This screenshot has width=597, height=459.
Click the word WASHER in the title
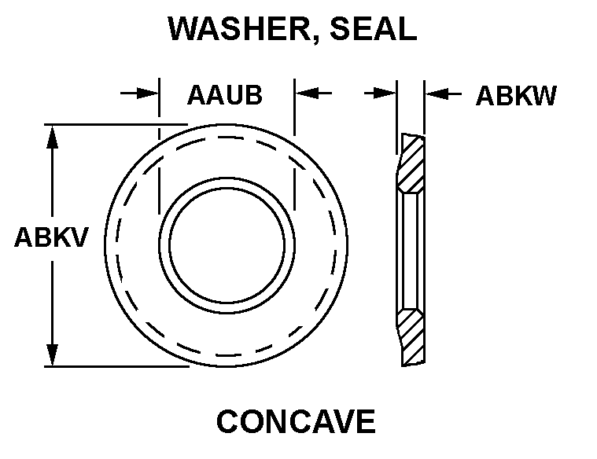coord(239,28)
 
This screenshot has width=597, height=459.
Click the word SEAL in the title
coord(374,28)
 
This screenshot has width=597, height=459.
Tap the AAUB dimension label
coord(225,95)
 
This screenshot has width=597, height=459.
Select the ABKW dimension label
coord(516,96)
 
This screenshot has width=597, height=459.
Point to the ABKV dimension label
coord(51,237)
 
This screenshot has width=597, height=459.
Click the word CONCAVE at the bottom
coord(296,421)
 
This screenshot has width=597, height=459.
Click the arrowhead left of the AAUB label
coord(148,93)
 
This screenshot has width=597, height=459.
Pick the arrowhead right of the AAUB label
coord(306,93)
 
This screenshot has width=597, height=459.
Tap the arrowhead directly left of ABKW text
coord(437,94)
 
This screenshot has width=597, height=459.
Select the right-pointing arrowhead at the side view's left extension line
coord(385,94)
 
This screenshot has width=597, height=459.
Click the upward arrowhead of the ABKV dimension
coord(52,137)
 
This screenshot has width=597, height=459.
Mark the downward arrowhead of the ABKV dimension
coord(52,354)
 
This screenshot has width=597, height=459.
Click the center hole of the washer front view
coord(227,245)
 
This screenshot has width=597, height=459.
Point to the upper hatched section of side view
coord(411,163)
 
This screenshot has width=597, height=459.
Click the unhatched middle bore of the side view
coord(411,251)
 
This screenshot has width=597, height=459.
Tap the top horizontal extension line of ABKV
coord(116,124)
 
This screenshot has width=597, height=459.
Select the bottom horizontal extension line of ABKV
coord(116,366)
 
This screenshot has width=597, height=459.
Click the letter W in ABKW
coord(544,96)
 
